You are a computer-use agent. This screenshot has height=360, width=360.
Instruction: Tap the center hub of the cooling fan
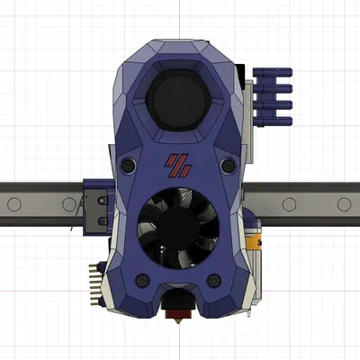click(x=179, y=229)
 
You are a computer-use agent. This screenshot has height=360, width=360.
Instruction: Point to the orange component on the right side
click(x=255, y=241)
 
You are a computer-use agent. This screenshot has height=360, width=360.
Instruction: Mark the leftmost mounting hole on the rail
click(x=14, y=204)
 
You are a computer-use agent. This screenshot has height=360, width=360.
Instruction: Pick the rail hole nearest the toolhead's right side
click(x=289, y=204)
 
